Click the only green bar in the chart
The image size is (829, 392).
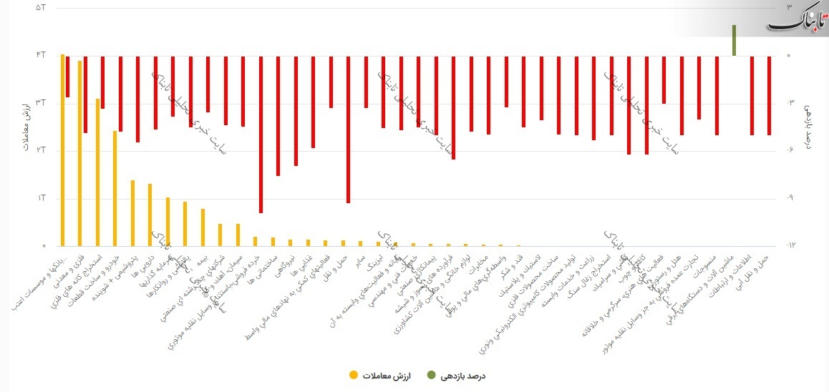[x=734, y=40]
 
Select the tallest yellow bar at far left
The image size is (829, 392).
[x=63, y=150]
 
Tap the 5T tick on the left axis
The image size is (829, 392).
[x=40, y=8]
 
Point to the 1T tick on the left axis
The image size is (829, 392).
[x=40, y=198]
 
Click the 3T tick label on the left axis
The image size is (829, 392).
[x=40, y=103]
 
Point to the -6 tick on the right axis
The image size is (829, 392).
[x=790, y=150]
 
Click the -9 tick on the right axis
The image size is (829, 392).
[x=790, y=198]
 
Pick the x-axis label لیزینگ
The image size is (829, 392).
[x=375, y=263]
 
